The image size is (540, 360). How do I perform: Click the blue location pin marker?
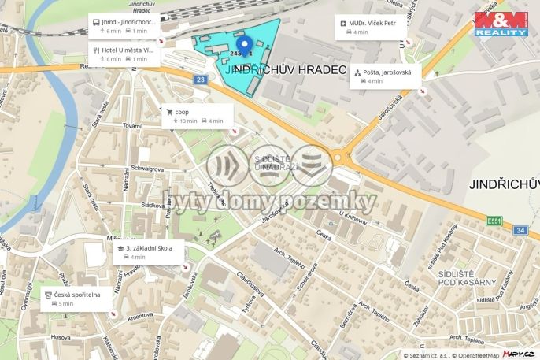pos(244,45)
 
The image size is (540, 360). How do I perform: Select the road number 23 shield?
pos(202,80)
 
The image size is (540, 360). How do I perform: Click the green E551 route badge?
pos(494,220)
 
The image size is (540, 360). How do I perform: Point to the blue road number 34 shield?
pos(520,230)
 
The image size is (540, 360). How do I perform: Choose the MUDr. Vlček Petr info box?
pos(371,28)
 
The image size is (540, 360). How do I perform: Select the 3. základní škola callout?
pos(149,252)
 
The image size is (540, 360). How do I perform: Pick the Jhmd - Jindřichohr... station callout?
pos(124,26)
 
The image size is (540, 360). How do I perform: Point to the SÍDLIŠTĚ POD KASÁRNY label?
pos(468,276)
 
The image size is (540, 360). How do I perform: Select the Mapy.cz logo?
pos(520,354)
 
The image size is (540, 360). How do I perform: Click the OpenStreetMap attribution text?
pos(474,354)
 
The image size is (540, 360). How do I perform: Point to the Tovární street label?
pos(131,125)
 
